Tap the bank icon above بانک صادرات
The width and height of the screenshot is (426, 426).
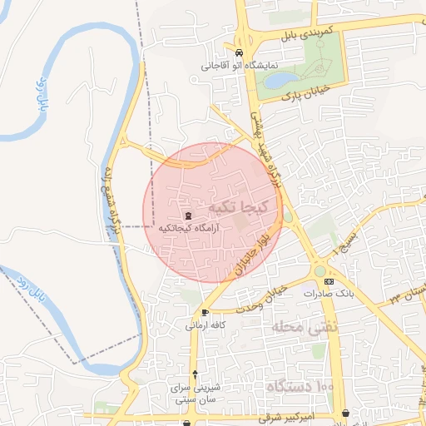click(x=329, y=282)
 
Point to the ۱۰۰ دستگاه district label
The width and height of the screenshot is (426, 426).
click(x=300, y=386)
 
